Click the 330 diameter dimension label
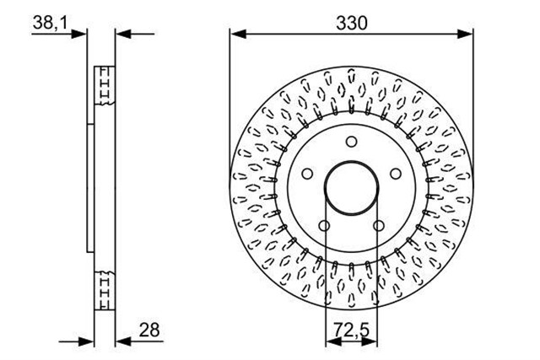click(352, 23)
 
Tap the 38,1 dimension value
click(51, 23)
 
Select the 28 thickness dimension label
click(149, 330)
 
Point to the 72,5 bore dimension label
click(351, 330)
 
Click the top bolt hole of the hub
click(351, 142)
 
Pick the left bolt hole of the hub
click(307, 174)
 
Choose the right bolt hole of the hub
click(396, 174)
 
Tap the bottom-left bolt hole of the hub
click(324, 226)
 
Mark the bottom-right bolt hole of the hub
click(379, 226)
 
